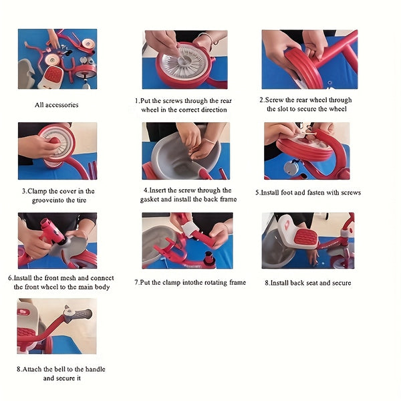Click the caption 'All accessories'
click(x=57, y=105)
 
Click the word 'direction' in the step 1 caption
click(x=214, y=110)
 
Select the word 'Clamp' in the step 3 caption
click(x=37, y=191)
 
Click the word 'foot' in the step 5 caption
click(x=287, y=192)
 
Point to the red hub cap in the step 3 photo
click(x=55, y=140)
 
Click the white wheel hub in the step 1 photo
click(x=183, y=62)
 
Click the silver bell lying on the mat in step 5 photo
click(x=291, y=167)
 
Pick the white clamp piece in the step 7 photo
click(x=188, y=230)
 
